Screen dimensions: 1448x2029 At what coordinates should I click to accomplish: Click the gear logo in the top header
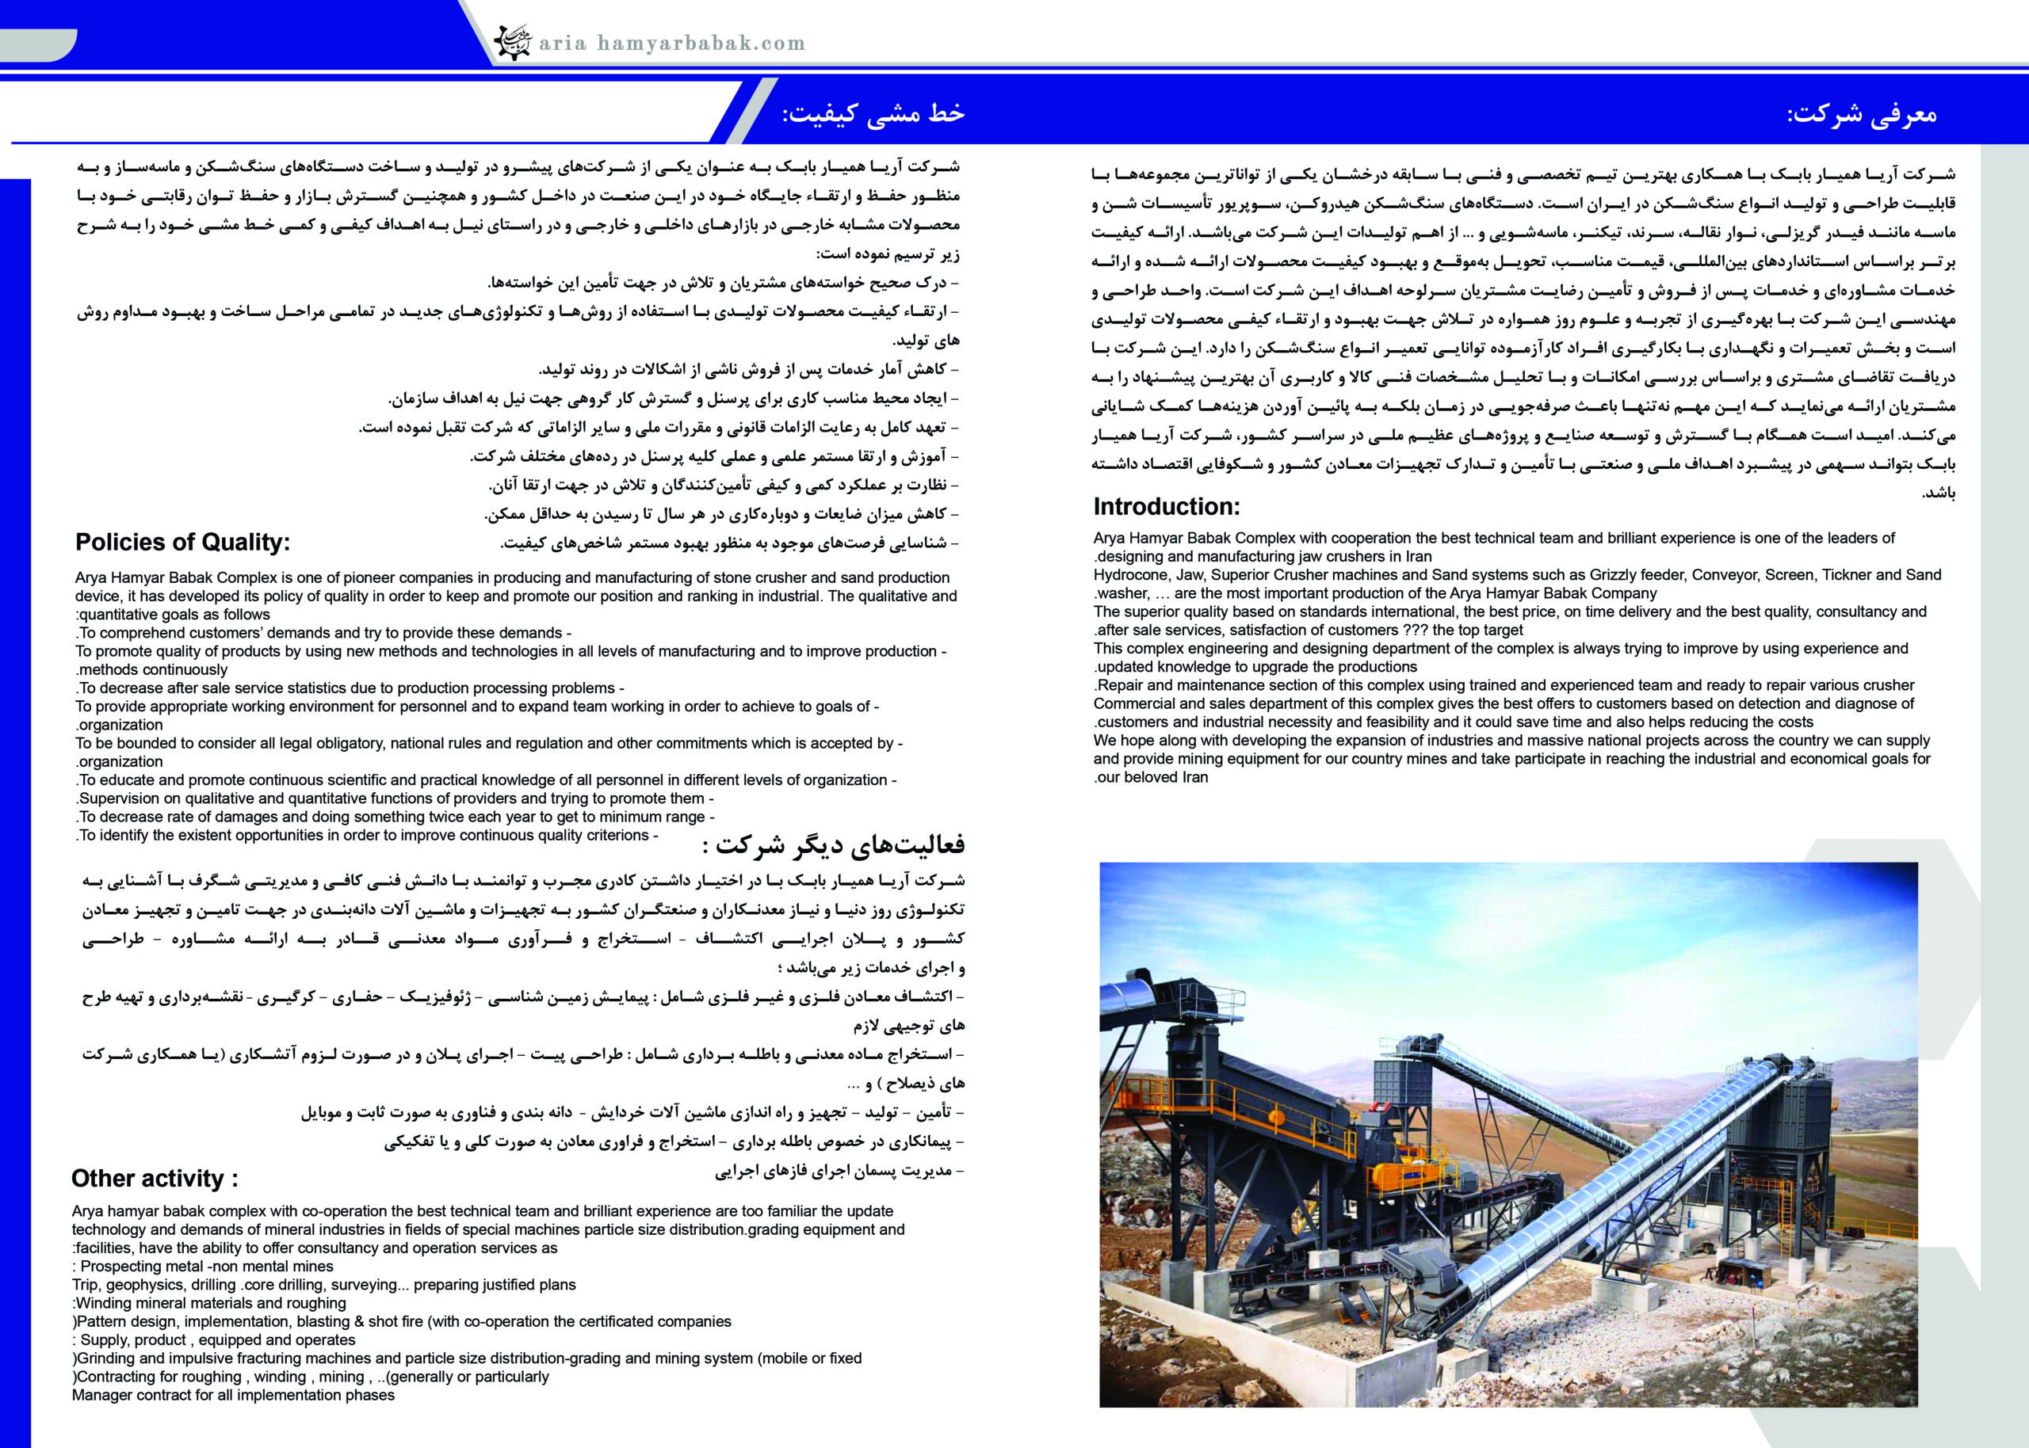click(513, 42)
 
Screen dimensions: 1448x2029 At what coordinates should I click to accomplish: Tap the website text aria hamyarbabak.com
click(671, 43)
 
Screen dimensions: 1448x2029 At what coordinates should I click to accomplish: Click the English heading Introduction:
click(1166, 506)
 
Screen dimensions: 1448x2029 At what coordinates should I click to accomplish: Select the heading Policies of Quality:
click(182, 542)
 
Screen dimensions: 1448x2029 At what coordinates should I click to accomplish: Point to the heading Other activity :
click(155, 1178)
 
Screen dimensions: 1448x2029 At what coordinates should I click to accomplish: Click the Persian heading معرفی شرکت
click(1861, 114)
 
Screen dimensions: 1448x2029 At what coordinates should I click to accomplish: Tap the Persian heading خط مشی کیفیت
click(873, 113)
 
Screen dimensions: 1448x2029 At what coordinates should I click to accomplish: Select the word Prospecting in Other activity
click(122, 1266)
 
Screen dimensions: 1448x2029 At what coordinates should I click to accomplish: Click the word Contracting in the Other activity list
click(117, 1377)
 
